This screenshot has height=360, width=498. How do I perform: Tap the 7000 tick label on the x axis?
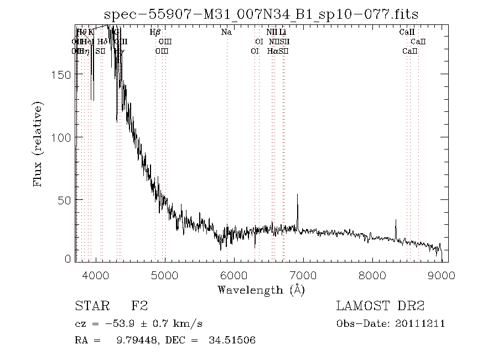click(x=303, y=275)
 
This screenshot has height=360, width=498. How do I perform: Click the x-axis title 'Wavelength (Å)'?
click(x=261, y=290)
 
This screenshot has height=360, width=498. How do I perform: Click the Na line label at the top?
click(x=226, y=32)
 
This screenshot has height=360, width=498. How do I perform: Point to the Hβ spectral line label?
click(x=155, y=32)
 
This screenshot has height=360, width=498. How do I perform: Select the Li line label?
click(x=282, y=32)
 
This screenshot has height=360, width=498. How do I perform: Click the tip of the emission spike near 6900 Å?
click(x=298, y=194)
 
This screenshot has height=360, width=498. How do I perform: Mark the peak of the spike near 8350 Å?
click(x=396, y=220)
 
